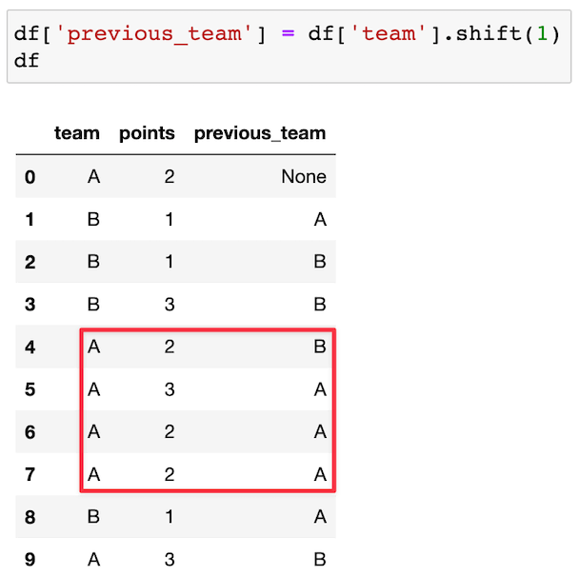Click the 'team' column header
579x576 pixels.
77,133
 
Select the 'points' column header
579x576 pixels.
147,133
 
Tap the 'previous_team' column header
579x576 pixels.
259,133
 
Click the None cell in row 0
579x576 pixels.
303,176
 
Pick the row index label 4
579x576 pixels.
30,348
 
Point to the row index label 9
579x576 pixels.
30,560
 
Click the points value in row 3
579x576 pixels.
169,305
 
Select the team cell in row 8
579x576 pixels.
92,517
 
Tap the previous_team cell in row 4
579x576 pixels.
319,348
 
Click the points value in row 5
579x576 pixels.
169,389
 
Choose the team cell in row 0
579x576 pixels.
92,176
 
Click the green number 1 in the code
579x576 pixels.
541,33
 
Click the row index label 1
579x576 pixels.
30,220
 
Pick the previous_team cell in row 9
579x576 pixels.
319,560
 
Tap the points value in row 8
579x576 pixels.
169,517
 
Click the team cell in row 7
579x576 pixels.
92,474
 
